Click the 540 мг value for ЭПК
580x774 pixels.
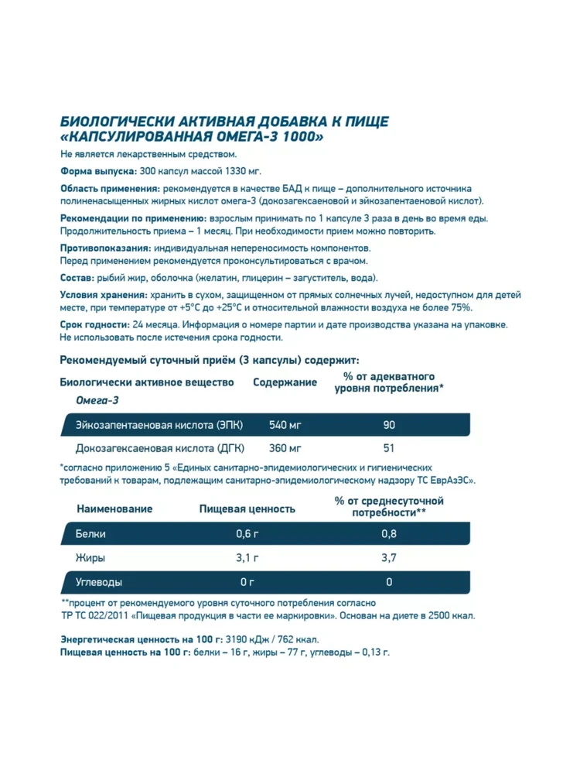pos(285,425)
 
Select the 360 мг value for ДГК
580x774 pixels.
pos(285,448)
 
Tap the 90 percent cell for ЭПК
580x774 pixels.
pos(389,425)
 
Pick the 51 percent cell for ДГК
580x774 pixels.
pos(389,448)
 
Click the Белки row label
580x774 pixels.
pos(91,534)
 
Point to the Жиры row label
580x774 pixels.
pos(90,558)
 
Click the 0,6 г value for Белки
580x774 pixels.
pos(247,534)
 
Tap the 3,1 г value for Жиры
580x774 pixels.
pos(247,558)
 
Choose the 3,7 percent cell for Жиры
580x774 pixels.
pos(389,558)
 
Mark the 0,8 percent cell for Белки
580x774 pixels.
pos(389,534)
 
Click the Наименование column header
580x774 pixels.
pos(114,509)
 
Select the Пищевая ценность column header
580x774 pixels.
pos(247,509)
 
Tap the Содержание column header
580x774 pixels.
pos(285,382)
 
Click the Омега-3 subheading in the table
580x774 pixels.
pos(96,400)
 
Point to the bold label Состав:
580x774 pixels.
pos(77,278)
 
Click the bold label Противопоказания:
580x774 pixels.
pos(105,248)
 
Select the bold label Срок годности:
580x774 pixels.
pos(94,325)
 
